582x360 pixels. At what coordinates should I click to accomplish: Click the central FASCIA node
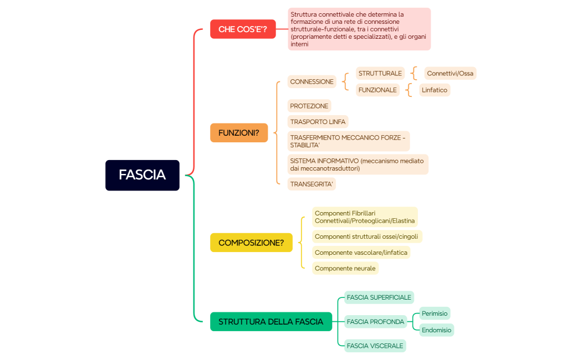pos(142,175)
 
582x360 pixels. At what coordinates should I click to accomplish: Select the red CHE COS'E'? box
pos(243,29)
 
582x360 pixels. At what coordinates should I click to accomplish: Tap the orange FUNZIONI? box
pos(239,133)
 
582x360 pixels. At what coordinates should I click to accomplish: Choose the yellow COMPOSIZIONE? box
pos(251,243)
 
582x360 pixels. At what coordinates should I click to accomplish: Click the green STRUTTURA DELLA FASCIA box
pos(270,322)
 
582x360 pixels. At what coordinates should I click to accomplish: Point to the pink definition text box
pos(359,29)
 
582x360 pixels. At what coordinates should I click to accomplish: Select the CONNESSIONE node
pos(312,82)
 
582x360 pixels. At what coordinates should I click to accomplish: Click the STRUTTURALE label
pos(380,74)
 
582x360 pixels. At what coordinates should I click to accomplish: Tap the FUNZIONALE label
pos(378,90)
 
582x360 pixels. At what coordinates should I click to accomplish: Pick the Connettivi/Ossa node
pos(450,74)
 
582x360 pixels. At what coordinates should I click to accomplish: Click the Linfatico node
pos(435,90)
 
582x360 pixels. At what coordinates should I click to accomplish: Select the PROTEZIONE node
pos(309,106)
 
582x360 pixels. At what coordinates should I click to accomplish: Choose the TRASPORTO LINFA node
pos(318,122)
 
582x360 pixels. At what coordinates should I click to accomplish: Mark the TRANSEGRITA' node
pos(312,184)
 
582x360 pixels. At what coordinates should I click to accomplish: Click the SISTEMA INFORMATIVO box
pos(358,164)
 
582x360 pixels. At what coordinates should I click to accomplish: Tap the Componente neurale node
pos(345,269)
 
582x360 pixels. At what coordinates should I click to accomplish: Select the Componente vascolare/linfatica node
pos(361,253)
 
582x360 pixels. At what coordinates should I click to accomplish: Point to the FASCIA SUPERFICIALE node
pos(379,297)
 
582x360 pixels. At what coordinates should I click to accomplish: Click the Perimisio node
pos(435,313)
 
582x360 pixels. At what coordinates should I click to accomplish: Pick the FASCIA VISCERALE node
pos(375,346)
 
